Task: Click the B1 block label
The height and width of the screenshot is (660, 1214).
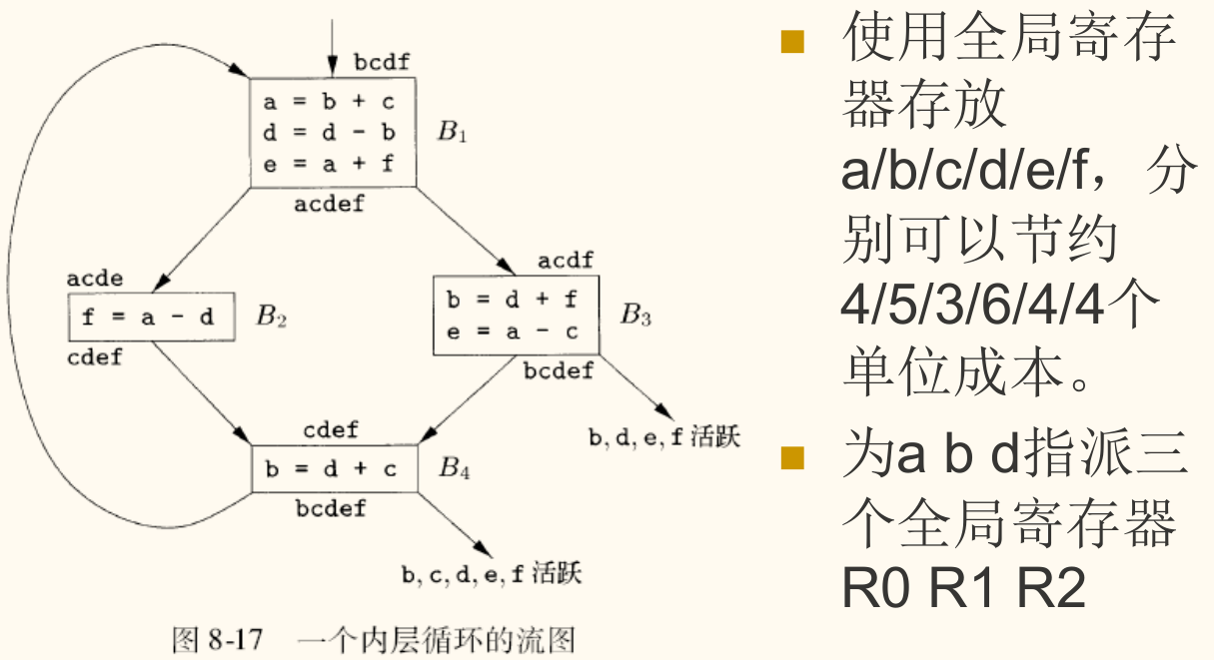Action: [x=452, y=132]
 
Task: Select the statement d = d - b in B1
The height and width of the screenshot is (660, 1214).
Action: [x=330, y=132]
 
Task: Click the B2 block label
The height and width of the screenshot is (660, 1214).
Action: [x=271, y=318]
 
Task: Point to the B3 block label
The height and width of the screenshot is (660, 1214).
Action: [x=635, y=317]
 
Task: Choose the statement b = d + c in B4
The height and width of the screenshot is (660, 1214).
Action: [x=331, y=469]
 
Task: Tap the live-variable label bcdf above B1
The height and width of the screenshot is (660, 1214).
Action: [x=383, y=63]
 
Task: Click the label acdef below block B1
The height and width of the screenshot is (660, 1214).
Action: [x=330, y=205]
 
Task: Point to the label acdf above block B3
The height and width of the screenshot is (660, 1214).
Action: [x=566, y=261]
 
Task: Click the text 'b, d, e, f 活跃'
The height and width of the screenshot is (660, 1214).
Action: [x=665, y=437]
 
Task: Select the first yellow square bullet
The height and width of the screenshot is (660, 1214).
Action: [x=791, y=42]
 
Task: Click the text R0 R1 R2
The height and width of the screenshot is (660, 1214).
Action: [x=963, y=589]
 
